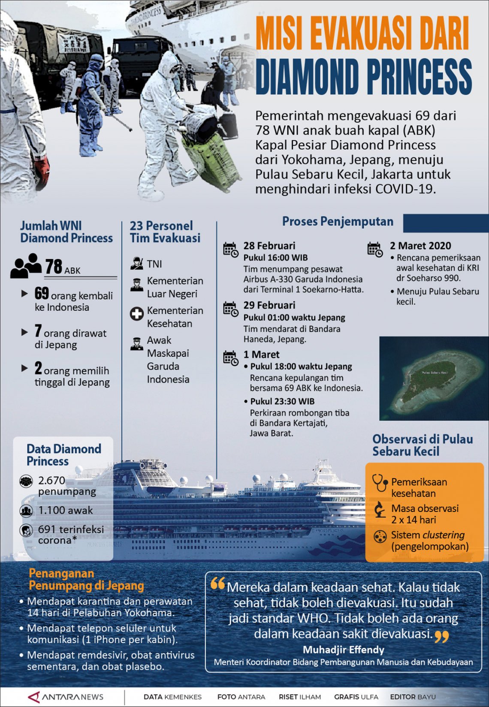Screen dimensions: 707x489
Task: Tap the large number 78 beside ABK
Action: (x=54, y=267)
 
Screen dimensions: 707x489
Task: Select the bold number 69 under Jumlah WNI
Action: (x=42, y=294)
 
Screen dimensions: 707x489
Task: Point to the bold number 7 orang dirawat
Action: (x=38, y=331)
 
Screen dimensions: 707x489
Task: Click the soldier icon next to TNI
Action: (x=137, y=263)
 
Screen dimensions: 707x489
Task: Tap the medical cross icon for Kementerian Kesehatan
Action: (x=137, y=314)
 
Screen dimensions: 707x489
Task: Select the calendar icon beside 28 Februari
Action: (x=230, y=250)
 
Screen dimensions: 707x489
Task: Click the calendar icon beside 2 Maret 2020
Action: (x=374, y=250)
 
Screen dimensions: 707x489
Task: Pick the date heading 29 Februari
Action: (x=269, y=305)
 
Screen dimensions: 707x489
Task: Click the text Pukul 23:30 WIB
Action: (x=282, y=401)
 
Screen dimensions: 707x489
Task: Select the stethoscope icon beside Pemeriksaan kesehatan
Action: (x=380, y=483)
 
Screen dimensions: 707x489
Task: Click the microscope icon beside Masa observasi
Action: (x=380, y=510)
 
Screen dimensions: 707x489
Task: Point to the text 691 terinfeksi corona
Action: (x=71, y=535)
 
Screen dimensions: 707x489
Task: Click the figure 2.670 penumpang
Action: (x=52, y=485)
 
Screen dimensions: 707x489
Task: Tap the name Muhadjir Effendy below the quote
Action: (x=343, y=650)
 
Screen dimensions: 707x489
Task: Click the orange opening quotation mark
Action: (x=218, y=584)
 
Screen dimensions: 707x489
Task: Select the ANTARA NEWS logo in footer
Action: (x=66, y=697)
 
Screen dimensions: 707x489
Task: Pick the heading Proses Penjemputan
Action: (x=338, y=221)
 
